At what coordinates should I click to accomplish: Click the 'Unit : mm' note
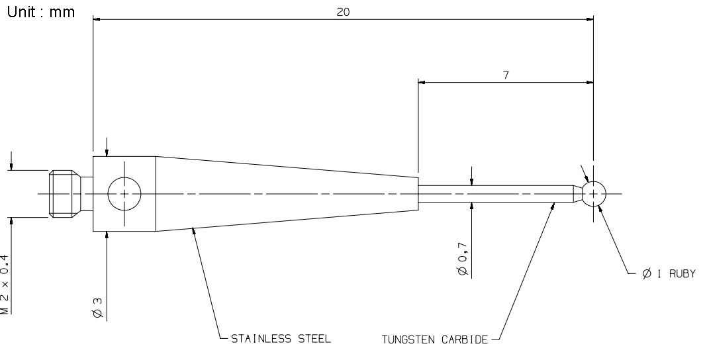pos(41,12)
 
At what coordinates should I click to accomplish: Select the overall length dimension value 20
pos(343,12)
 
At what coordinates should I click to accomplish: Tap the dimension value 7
pos(506,75)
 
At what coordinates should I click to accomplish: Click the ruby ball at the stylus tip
pos(594,194)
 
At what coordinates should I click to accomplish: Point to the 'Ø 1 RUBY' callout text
pos(669,273)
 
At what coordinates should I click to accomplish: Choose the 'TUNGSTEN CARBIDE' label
pos(435,339)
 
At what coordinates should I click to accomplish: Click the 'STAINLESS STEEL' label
pos(281,338)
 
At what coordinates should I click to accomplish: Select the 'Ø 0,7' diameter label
pos(463,259)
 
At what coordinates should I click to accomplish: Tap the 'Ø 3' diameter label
pos(99,308)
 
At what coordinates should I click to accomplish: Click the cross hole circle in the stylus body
pos(124,194)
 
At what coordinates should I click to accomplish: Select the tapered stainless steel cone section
pos(287,194)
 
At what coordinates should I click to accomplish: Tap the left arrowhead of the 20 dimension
pos(96,19)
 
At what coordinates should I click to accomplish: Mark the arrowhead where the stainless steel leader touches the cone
pos(193,230)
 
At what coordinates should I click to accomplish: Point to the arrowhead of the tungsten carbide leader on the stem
pos(554,205)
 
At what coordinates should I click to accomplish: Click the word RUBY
pos(682,273)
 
